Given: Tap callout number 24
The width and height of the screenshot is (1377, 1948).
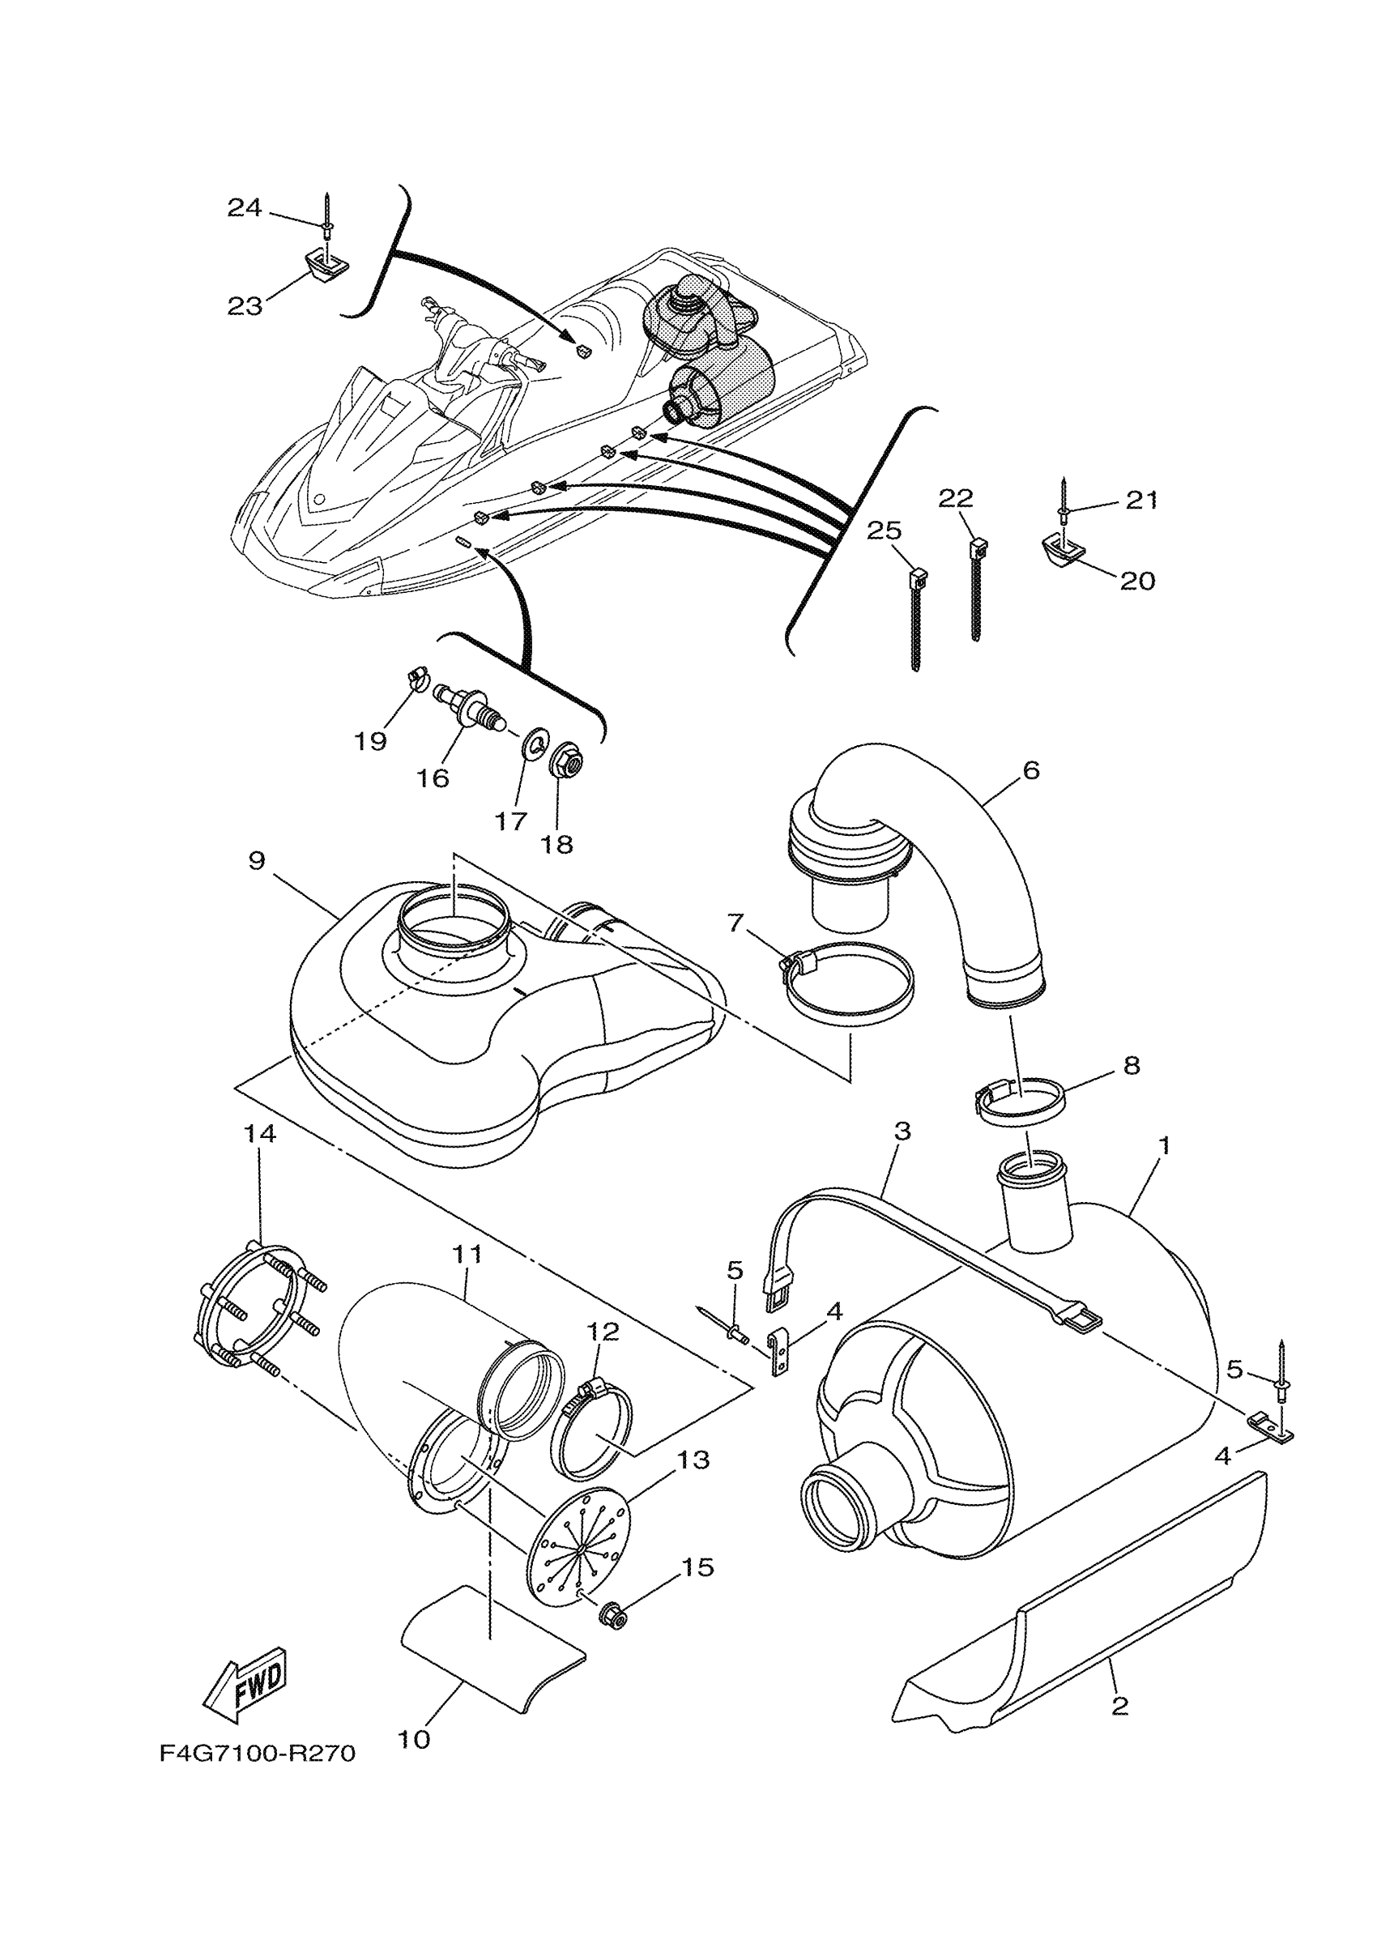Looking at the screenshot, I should click(x=245, y=207).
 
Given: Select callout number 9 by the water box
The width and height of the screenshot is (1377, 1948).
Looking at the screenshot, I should click(x=256, y=860).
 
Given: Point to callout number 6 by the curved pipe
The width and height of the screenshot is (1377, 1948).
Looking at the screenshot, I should click(x=1031, y=770).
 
